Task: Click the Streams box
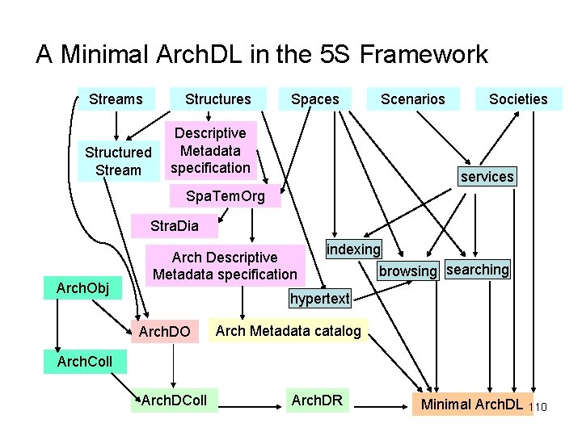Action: click(x=116, y=99)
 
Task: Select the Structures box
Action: click(x=217, y=99)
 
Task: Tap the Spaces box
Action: click(x=314, y=99)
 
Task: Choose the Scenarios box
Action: click(x=412, y=99)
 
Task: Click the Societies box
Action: click(x=518, y=99)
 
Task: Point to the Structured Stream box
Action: click(x=118, y=161)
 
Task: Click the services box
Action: click(x=487, y=176)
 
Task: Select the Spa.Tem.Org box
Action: click(x=225, y=196)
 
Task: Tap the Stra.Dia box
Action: click(x=173, y=225)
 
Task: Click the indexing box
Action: click(x=353, y=249)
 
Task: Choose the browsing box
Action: click(x=407, y=270)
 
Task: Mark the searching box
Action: click(x=478, y=270)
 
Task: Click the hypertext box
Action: click(x=320, y=299)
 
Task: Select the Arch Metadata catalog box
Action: click(x=289, y=330)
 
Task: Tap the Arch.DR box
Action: click(x=317, y=400)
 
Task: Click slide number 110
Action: click(x=538, y=407)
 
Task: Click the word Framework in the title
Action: click(x=424, y=55)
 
